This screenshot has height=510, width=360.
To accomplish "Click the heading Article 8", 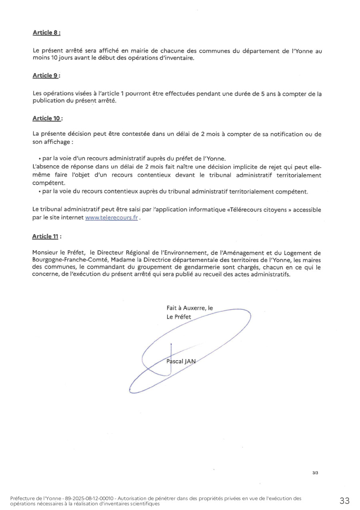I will click(46, 33).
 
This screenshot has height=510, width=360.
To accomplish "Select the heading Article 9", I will click(46, 76).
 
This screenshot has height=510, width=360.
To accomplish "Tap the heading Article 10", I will click(47, 118).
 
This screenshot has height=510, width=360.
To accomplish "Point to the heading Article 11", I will click(46, 237).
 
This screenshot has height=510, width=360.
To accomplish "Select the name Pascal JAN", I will click(181, 361).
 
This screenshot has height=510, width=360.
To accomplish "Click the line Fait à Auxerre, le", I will click(190, 308).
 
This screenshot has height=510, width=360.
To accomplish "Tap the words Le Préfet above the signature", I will click(179, 317).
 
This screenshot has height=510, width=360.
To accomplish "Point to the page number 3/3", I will click(315, 473).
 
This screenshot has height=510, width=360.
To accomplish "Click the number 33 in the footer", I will click(344, 500).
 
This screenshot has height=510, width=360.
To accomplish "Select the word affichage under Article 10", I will click(57, 142).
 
